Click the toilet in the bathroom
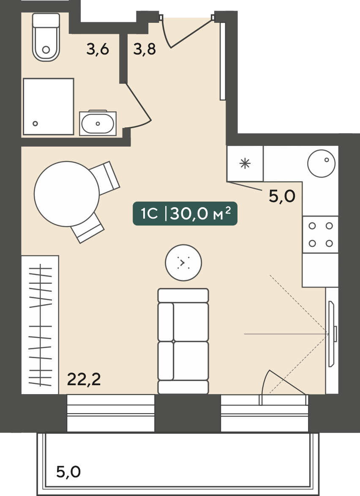coord(46,37)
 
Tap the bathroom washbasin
coord(98,123)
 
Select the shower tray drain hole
coord(35,124)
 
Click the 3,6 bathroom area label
coord(98,49)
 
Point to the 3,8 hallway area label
coord(145,49)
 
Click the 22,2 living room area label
coord(84,379)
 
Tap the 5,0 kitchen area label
coord(282,197)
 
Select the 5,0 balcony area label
coord(68,471)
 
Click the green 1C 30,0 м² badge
coord(185,214)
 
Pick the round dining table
coord(67,194)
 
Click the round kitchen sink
coord(322,163)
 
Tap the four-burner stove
coord(320,235)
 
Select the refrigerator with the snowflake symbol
coord(245,164)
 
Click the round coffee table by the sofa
coord(183,262)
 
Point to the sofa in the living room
coord(183,341)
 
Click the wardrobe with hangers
coord(40,325)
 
